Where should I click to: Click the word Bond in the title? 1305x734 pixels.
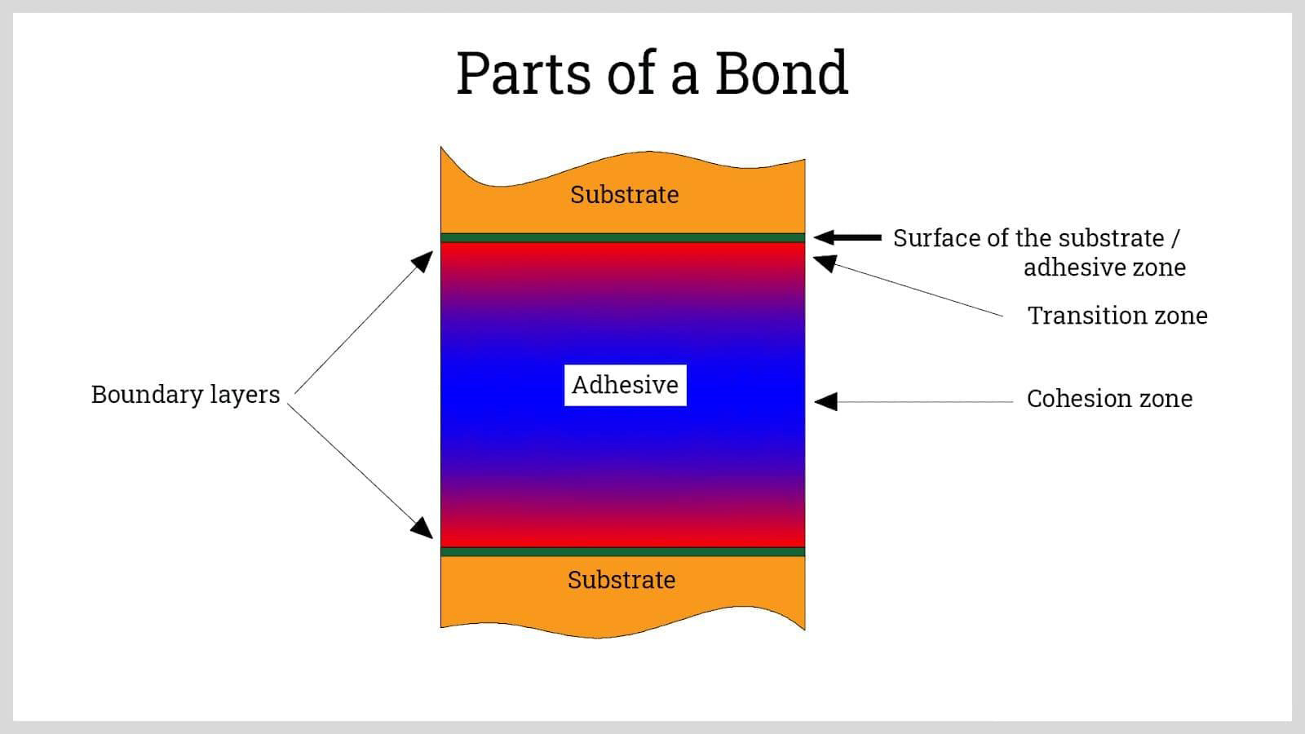[781, 73]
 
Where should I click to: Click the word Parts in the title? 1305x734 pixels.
[524, 73]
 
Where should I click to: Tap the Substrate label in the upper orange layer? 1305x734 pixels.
[625, 195]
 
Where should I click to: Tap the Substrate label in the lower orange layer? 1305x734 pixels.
[622, 580]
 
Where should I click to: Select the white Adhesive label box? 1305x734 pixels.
[625, 385]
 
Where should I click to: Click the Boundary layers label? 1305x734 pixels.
[185, 395]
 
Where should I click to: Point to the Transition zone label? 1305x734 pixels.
[1117, 316]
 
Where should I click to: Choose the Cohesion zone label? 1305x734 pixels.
[1109, 399]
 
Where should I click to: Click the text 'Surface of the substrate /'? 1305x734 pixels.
[1037, 238]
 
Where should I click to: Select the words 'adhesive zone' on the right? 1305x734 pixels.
[1104, 268]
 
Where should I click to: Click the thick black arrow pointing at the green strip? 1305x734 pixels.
[847, 237]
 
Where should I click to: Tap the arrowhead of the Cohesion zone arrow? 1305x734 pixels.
[825, 401]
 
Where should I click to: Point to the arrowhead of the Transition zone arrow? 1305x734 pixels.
[825, 263]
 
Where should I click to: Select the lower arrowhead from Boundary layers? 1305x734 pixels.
[422, 528]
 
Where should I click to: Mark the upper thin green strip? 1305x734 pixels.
[623, 237]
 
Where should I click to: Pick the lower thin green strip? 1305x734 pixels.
[623, 551]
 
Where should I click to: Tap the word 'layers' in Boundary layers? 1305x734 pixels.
[246, 395]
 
